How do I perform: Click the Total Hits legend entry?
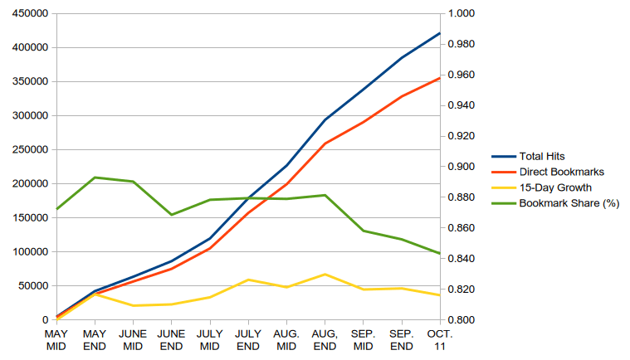(x=528, y=156)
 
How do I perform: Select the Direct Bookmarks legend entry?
(x=548, y=172)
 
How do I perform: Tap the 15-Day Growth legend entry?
(x=542, y=187)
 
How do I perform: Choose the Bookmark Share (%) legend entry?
(x=555, y=203)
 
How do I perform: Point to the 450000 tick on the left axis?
(x=30, y=13)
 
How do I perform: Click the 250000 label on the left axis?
(x=30, y=149)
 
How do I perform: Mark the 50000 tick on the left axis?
(x=33, y=285)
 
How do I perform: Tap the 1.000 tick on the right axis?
(x=462, y=13)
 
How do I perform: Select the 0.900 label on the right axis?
(x=462, y=167)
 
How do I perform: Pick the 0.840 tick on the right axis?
(x=462, y=259)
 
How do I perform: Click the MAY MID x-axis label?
(x=56, y=340)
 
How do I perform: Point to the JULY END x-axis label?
(x=248, y=340)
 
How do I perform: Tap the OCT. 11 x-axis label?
(x=440, y=340)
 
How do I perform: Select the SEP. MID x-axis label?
(x=364, y=340)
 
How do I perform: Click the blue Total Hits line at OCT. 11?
(x=440, y=33)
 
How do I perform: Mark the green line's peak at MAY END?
(x=95, y=178)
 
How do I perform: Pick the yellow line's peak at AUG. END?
(x=325, y=275)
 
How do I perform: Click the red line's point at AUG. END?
(x=325, y=144)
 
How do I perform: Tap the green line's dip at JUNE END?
(x=172, y=215)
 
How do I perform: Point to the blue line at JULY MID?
(x=210, y=238)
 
